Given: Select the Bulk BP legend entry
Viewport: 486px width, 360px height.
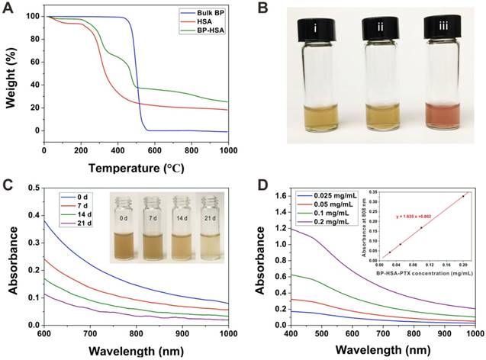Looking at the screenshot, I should coord(208,14).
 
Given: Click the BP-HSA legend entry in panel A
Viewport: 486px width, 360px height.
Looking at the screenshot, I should coord(208,33).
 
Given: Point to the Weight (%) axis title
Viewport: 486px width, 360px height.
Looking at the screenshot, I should coord(11,76).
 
